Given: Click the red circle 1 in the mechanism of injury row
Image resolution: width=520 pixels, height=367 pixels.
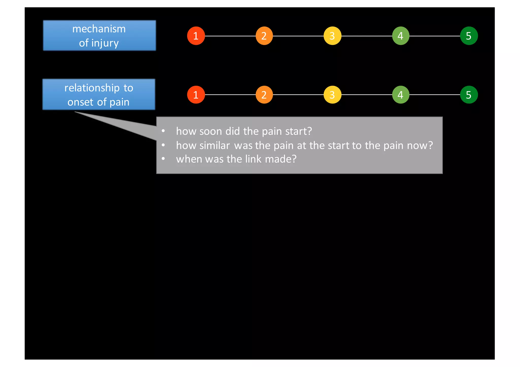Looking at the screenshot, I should click(196, 36).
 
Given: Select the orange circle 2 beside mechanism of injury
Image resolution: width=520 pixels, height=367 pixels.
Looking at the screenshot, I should click(264, 36).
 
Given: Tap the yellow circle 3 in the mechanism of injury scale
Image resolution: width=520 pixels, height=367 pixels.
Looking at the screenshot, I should click(332, 36).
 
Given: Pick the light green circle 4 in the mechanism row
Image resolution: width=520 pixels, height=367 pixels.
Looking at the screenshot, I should click(401, 36).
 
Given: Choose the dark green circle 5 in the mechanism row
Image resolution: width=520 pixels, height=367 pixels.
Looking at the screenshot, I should click(469, 36).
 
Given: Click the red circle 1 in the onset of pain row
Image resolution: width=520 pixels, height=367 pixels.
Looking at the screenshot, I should click(196, 95).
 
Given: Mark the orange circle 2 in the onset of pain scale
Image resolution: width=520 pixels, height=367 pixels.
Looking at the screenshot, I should click(264, 95).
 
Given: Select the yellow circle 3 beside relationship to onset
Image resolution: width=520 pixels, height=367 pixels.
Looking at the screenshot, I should click(332, 95).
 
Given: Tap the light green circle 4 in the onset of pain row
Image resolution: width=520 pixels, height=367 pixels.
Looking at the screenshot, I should click(401, 95).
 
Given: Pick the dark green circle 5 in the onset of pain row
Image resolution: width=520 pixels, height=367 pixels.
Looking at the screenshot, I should click(469, 95).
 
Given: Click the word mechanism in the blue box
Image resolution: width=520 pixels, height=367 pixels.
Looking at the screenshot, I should click(99, 29).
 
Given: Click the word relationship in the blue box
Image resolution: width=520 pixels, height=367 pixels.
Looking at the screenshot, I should click(92, 88).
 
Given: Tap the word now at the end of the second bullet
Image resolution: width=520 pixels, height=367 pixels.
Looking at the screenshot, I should click(418, 146).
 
